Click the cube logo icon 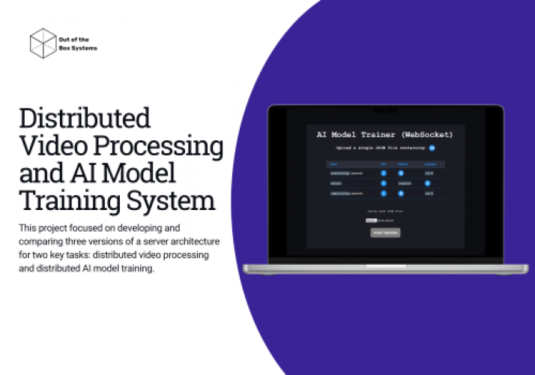click(43, 43)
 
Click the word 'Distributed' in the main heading click(84, 118)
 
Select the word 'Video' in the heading click(48, 146)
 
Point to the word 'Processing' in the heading click(154, 146)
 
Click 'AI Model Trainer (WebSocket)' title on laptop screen click(384, 135)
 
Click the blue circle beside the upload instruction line click(432, 148)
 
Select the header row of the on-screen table click(385, 163)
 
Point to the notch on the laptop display click(386, 109)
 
